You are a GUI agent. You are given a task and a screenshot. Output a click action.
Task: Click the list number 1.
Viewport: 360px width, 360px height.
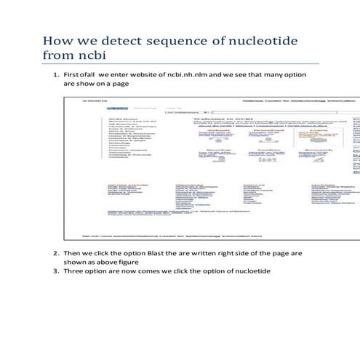[x=56, y=74]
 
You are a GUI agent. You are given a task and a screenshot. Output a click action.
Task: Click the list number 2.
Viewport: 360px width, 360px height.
[x=56, y=252]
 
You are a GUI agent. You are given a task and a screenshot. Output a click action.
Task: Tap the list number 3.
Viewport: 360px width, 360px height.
[x=56, y=271]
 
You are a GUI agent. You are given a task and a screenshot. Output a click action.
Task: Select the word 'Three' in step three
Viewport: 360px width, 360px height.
[x=74, y=271]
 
